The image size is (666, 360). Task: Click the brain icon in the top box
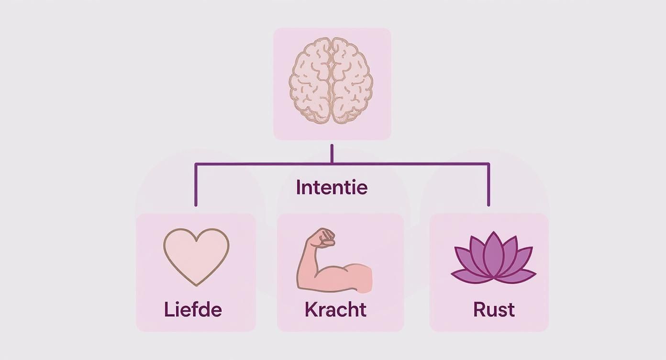click(x=332, y=81)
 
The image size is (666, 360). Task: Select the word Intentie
click(x=332, y=187)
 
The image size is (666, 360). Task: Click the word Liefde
click(x=193, y=310)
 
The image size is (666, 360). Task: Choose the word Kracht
click(x=335, y=310)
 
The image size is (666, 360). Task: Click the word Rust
click(x=494, y=310)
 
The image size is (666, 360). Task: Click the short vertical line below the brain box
click(x=332, y=153)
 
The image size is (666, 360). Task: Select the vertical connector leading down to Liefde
click(x=196, y=187)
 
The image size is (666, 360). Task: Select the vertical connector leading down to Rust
click(x=488, y=187)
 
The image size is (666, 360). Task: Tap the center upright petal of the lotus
click(x=493, y=254)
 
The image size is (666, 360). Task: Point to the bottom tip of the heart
click(x=196, y=285)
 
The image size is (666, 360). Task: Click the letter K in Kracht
click(x=311, y=310)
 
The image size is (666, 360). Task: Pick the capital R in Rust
click(x=479, y=310)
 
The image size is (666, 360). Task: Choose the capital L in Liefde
click(x=168, y=310)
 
